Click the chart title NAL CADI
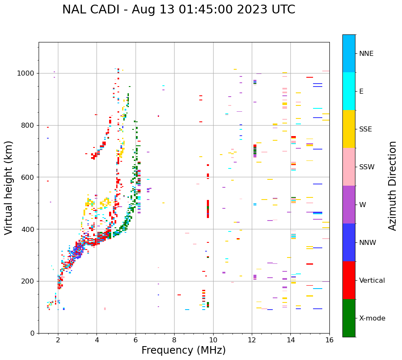[x=178, y=10]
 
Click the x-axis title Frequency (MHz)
[x=183, y=350]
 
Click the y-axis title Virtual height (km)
[x=9, y=187]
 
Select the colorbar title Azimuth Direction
[x=392, y=186]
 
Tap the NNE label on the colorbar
[x=366, y=54]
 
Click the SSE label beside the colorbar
[x=365, y=129]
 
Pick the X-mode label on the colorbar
[x=372, y=318]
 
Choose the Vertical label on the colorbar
[x=372, y=281]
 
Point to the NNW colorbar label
[x=367, y=243]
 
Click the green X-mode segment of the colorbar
[x=349, y=318]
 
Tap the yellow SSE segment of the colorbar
[x=349, y=129]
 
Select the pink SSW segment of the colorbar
[x=349, y=167]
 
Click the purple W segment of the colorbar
[x=349, y=205]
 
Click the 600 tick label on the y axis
[x=29, y=177]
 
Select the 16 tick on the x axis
[x=329, y=340]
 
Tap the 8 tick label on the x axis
[x=175, y=340]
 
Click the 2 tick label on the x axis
[x=58, y=340]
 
